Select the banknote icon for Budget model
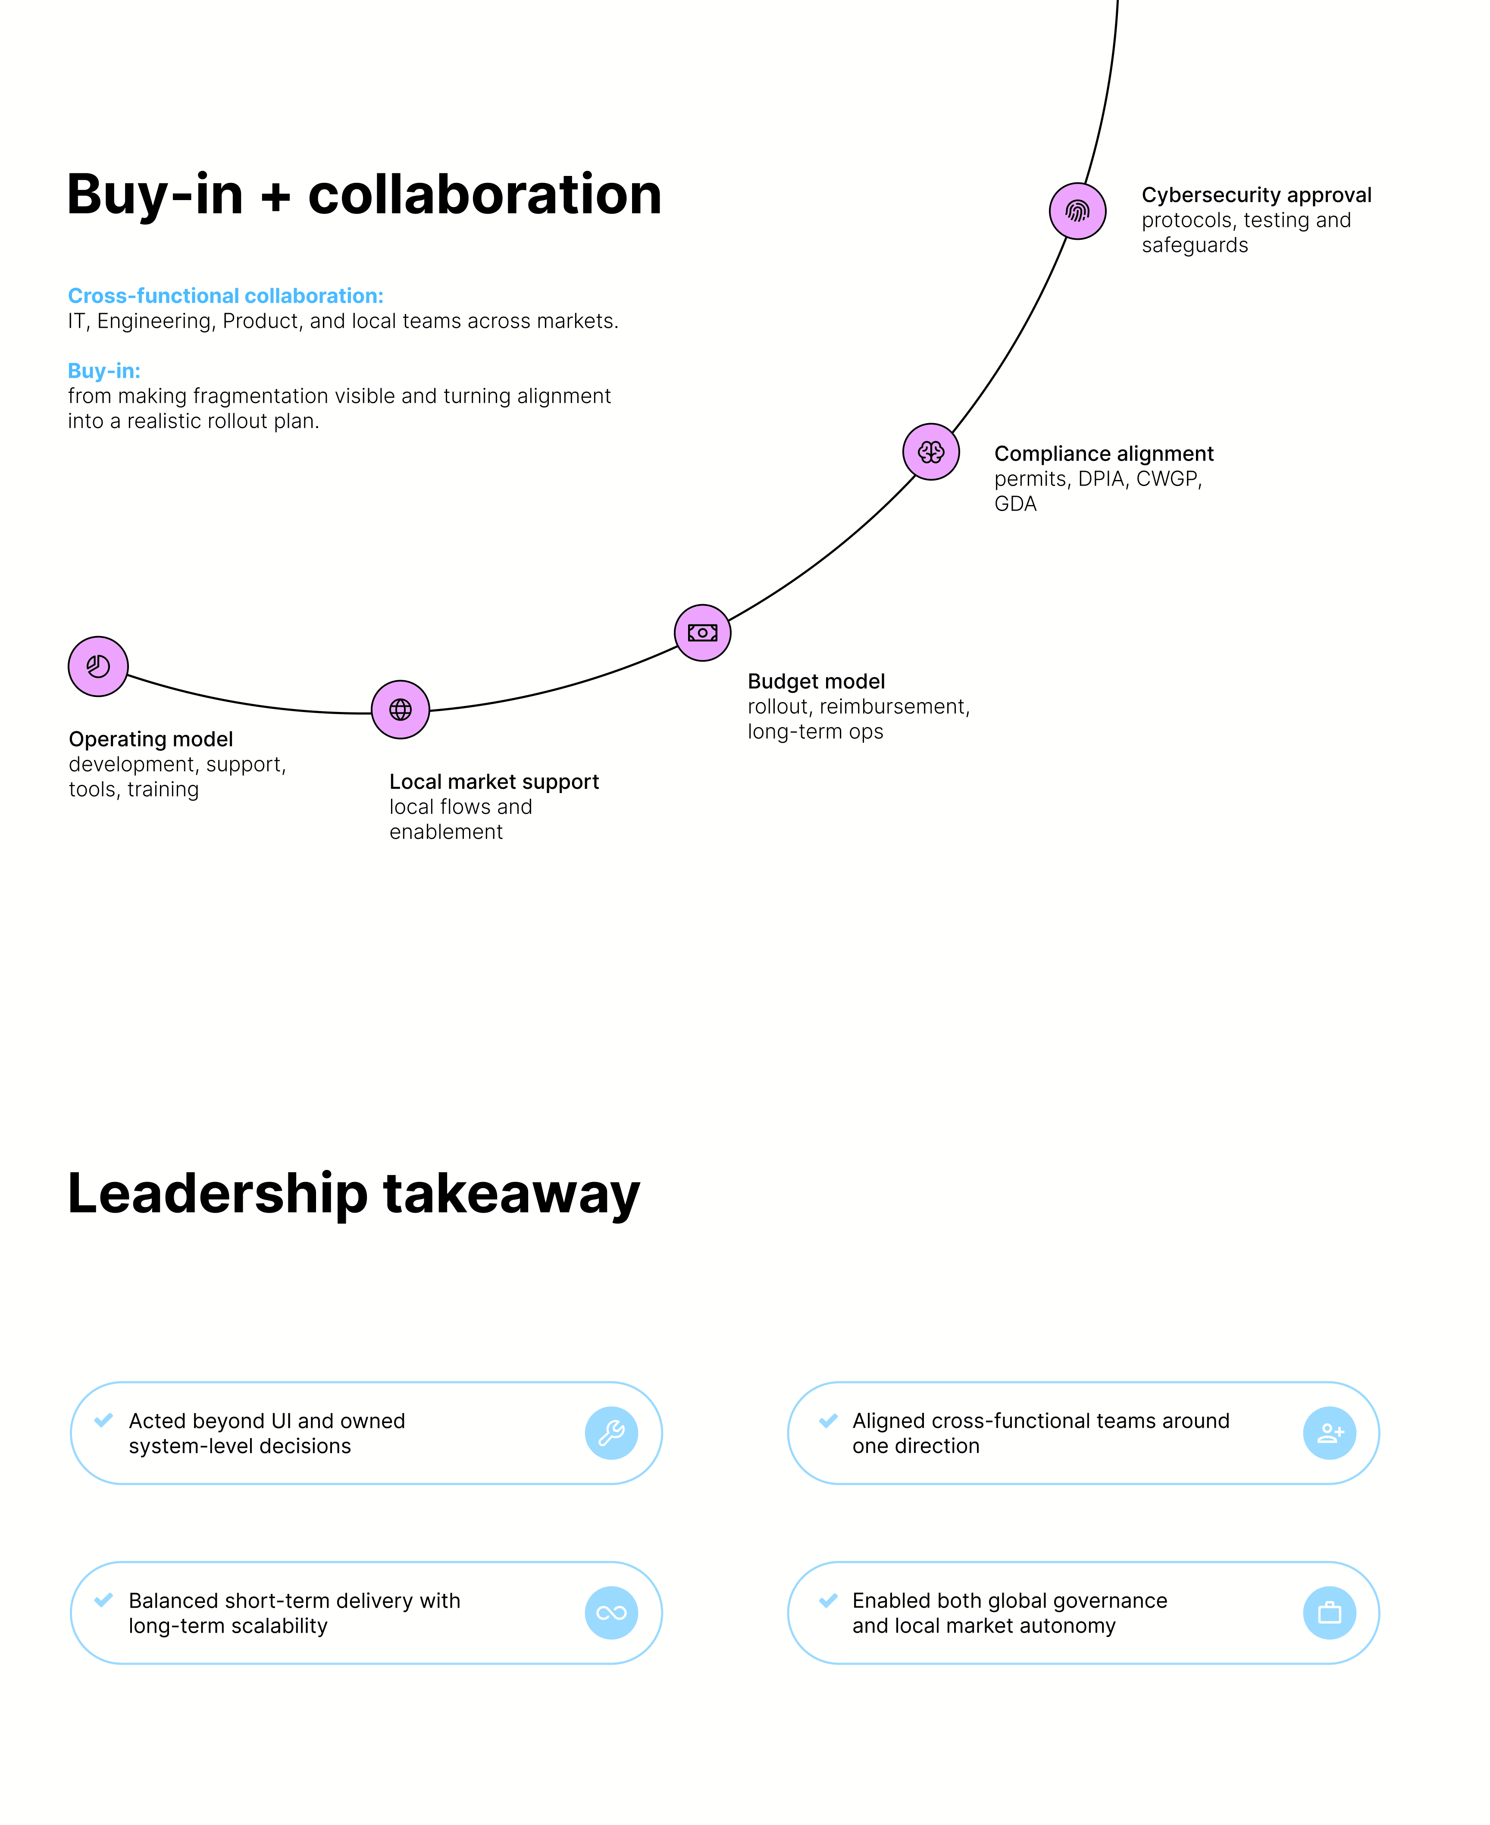click(x=702, y=633)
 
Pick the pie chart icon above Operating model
click(x=98, y=666)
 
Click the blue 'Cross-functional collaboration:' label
click(x=226, y=296)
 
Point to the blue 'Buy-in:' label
click(x=104, y=371)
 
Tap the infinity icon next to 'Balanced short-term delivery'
click(x=611, y=1613)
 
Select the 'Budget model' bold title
click(x=816, y=682)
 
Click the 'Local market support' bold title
click(x=495, y=782)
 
